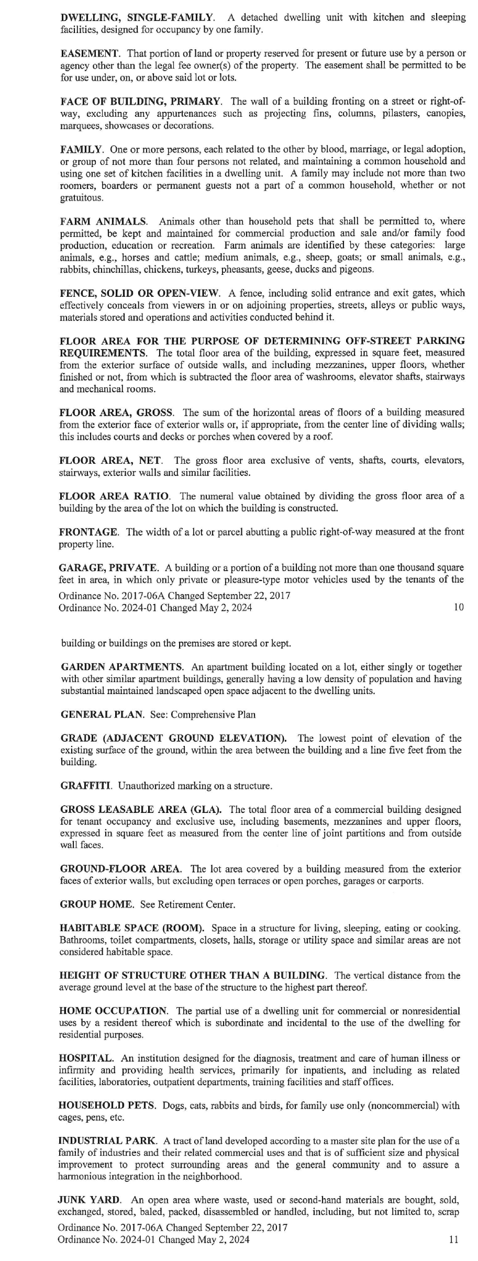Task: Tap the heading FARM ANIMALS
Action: coord(104,221)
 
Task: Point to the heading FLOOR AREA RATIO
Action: coord(114,496)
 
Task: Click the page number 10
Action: coord(458,608)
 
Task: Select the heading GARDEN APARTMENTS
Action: coord(122,667)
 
